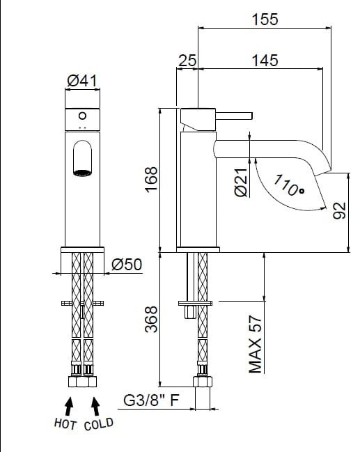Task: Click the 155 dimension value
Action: pyautogui.click(x=265, y=20)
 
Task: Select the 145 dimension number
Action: pyautogui.click(x=265, y=61)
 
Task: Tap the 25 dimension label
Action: pyautogui.click(x=187, y=61)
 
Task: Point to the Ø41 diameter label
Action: pyautogui.click(x=82, y=81)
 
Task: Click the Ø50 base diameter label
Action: pyautogui.click(x=127, y=264)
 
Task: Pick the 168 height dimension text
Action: pyautogui.click(x=151, y=179)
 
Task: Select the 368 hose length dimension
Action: pyautogui.click(x=151, y=319)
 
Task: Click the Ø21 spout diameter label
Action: pyautogui.click(x=241, y=182)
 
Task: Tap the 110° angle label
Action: pyautogui.click(x=288, y=186)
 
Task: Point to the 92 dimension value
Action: pyautogui.click(x=339, y=210)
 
